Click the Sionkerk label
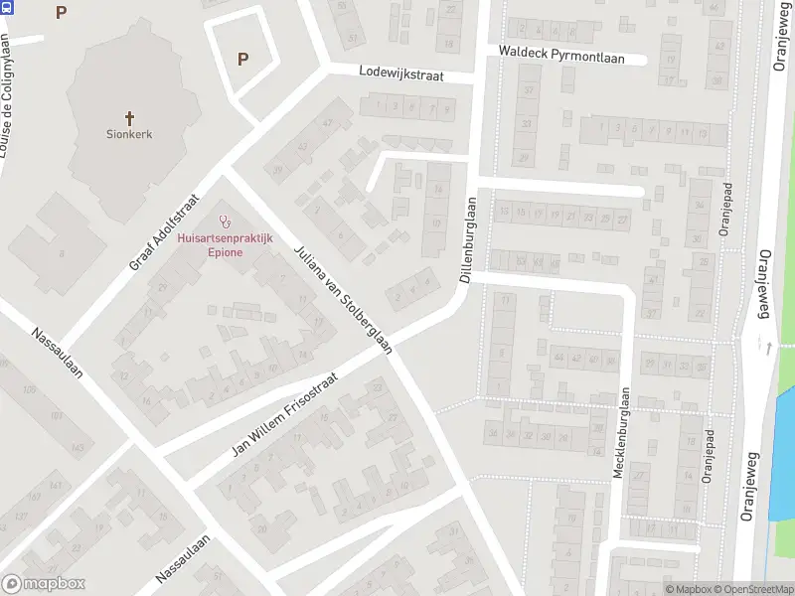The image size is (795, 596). coord(129,133)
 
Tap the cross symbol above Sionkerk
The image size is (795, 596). coord(129,117)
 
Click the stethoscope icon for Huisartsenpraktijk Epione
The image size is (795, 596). coord(225,223)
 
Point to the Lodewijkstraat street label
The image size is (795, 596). coord(400,74)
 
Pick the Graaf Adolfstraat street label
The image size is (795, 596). coord(165,232)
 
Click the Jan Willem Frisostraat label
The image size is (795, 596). coord(285,415)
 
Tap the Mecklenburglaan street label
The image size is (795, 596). coord(620,432)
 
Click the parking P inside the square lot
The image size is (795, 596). coord(242,59)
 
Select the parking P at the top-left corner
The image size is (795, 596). coord(62,12)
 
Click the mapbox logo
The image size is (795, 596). coord(44,584)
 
